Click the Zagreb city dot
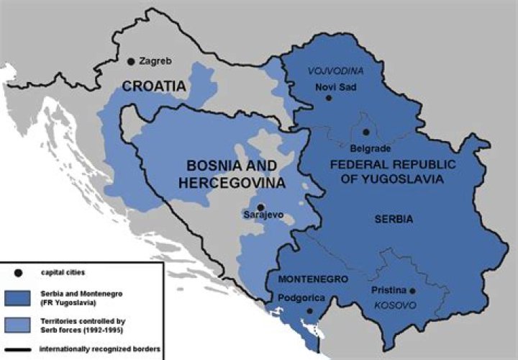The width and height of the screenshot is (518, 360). [131, 62]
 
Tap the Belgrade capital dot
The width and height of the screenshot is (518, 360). [365, 132]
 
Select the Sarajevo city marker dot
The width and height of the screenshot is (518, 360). [260, 207]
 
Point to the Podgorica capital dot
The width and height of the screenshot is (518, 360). [309, 311]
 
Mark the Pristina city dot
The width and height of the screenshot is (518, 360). [413, 291]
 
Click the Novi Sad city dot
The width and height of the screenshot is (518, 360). [329, 97]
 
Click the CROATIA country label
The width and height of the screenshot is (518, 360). [154, 86]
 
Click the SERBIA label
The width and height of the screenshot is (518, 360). [393, 220]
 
